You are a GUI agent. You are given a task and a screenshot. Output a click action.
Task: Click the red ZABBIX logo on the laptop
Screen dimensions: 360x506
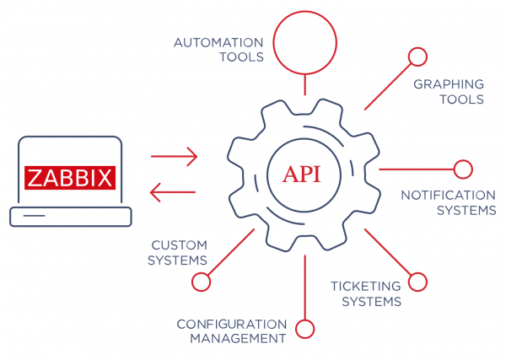[70, 178]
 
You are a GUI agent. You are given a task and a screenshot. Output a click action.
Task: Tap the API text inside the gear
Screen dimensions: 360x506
[301, 175]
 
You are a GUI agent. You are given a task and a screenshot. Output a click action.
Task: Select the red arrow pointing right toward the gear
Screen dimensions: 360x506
[174, 156]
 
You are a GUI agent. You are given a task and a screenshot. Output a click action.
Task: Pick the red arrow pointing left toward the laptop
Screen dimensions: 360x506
[174, 193]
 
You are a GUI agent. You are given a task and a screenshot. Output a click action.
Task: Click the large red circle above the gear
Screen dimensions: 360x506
[305, 41]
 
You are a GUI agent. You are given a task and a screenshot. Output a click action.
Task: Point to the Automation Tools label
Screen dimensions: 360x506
[218, 50]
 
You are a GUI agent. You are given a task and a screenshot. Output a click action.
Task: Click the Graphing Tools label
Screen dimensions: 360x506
[448, 91]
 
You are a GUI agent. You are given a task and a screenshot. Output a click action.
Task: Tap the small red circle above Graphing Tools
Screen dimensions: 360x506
[417, 56]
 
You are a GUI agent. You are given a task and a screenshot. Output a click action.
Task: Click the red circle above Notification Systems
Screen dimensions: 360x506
[463, 169]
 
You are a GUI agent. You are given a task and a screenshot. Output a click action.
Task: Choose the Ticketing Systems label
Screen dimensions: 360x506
[365, 293]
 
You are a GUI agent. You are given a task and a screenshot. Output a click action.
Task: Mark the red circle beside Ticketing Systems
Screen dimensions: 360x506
[417, 281]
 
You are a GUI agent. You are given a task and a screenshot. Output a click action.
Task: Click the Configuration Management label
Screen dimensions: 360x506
[231, 330]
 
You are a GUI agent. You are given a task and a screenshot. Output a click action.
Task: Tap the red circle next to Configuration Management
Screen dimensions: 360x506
[305, 330]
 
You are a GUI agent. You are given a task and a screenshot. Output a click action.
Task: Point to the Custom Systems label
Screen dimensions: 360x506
[178, 252]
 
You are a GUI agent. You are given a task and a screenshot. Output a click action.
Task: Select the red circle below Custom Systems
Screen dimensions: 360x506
[201, 281]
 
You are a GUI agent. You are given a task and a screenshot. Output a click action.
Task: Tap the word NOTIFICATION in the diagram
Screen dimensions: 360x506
[448, 195]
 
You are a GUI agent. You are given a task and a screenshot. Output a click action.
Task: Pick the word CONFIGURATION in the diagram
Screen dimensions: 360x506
[231, 323]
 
